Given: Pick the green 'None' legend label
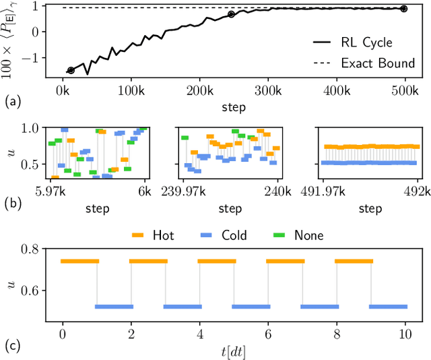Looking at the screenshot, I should tap(308, 235).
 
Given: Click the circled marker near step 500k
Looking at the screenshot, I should tap(403, 9).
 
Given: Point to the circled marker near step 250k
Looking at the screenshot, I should tap(231, 14).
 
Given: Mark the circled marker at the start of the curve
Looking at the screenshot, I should tap(71, 70).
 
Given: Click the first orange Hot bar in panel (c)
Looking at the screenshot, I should tap(79, 261).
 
